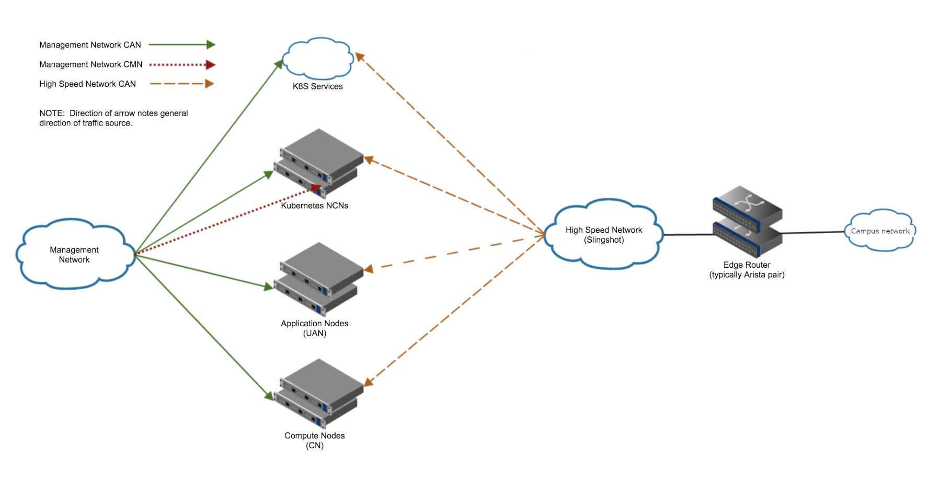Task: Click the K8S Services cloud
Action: (317, 59)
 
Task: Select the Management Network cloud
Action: (75, 254)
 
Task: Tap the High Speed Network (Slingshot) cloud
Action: (604, 234)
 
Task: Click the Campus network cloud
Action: (880, 231)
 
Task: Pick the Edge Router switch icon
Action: (748, 221)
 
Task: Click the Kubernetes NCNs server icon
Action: (318, 164)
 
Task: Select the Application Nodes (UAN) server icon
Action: (318, 279)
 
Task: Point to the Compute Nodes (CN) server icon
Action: (318, 394)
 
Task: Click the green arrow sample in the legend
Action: (182, 45)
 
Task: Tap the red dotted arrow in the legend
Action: (182, 65)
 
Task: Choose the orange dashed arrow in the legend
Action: (182, 84)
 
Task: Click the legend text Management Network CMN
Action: (91, 64)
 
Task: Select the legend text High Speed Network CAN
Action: (88, 84)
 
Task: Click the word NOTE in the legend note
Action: (52, 113)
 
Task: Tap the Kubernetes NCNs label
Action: (315, 206)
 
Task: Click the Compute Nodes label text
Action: (315, 436)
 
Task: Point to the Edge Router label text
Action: (747, 265)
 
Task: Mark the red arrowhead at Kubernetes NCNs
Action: (316, 188)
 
